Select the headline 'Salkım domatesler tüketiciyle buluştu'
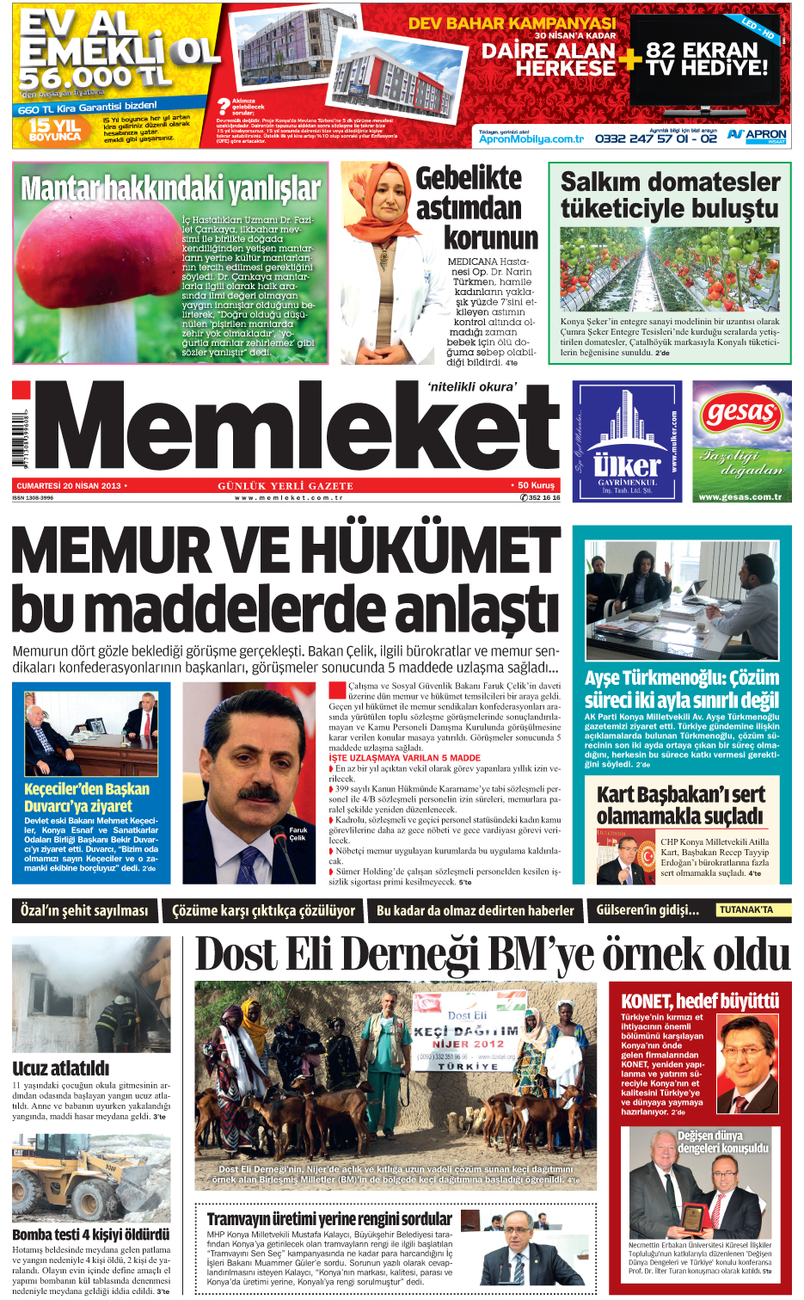(x=670, y=195)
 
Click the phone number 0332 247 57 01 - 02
(x=655, y=138)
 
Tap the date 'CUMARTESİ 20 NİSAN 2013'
(x=70, y=486)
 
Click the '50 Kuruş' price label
(x=537, y=485)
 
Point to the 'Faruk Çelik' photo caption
(x=298, y=834)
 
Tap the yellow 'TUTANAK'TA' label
(x=746, y=909)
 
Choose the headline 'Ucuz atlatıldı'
(x=61, y=1068)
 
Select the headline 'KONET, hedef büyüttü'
(x=699, y=1001)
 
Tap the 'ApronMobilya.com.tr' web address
(x=531, y=139)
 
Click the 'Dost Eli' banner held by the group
(x=466, y=1033)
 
